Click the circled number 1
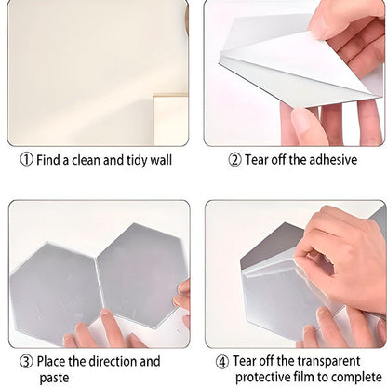27,160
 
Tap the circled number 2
234,160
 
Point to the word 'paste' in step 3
54,379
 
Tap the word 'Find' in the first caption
49,160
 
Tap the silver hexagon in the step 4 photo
270,279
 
